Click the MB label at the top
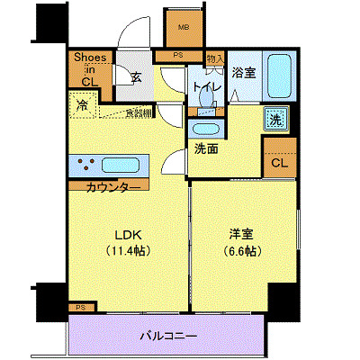click(184, 27)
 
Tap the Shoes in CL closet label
click(90, 69)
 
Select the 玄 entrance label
click(134, 78)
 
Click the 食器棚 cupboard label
click(138, 112)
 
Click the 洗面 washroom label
click(206, 148)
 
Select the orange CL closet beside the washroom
click(279, 162)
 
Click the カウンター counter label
click(112, 187)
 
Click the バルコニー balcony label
click(167, 335)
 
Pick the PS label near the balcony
click(81, 307)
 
